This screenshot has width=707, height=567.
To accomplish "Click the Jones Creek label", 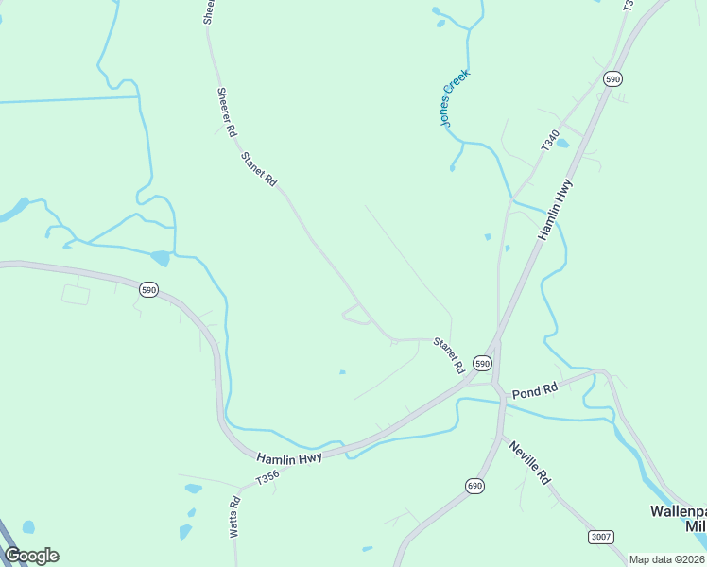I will (454, 97).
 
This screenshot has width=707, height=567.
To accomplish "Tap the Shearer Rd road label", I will (226, 112).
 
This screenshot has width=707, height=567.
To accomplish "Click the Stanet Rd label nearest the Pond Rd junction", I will (448, 353).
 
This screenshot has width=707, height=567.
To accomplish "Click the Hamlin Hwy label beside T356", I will (289, 456).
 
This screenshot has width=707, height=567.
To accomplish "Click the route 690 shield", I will (474, 486).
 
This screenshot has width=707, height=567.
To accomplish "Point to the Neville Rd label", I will (529, 462).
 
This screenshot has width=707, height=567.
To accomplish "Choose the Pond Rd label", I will (535, 389).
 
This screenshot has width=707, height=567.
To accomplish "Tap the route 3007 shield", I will (601, 537).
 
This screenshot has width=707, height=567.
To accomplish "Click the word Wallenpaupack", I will (678, 510).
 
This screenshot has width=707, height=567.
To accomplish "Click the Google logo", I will (32, 555).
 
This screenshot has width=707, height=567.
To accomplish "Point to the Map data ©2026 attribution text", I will (666, 559).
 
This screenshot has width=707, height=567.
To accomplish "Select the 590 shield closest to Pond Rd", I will (482, 363).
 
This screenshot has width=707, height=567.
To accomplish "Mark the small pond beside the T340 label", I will (562, 144).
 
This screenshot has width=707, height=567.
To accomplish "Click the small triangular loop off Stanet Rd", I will (356, 315).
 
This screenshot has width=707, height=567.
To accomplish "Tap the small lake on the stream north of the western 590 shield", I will (160, 258).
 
